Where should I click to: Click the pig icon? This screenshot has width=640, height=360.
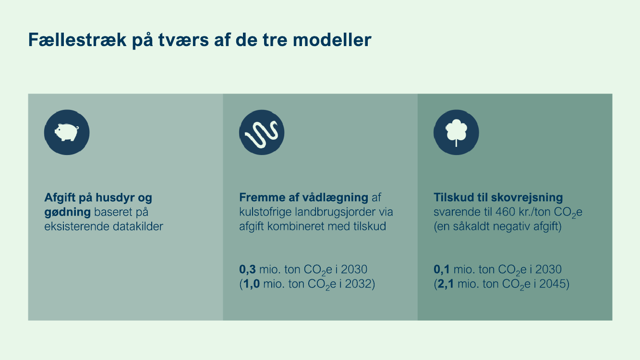67,132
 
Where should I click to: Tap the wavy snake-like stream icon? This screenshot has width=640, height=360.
262,133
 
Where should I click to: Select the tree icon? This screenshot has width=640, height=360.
456,132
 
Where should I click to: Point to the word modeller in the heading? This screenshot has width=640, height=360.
332,40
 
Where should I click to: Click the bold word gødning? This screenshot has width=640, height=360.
67,213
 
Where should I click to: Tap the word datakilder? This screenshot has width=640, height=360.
138,226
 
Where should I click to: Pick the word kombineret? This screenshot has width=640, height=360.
297,226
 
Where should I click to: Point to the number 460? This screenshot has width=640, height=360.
506,212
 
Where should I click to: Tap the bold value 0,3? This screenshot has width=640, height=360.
247,269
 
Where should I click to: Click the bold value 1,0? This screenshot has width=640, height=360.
252,284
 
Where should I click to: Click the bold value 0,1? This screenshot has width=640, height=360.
442,269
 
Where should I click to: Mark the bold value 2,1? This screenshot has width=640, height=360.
446,284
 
